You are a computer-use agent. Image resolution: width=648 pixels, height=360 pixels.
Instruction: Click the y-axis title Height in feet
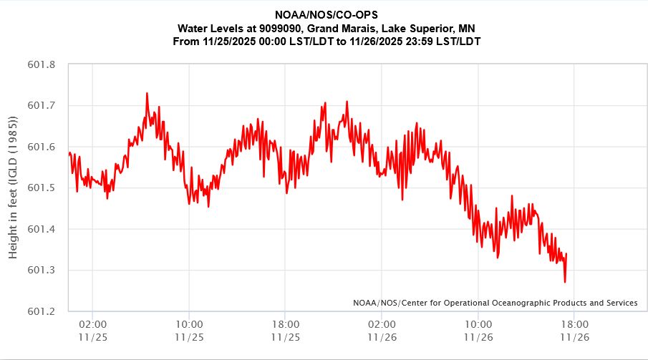[x=14, y=188]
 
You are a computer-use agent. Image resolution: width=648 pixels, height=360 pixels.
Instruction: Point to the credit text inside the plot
[x=495, y=303]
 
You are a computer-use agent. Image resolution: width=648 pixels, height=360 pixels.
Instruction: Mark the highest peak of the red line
[x=147, y=93]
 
